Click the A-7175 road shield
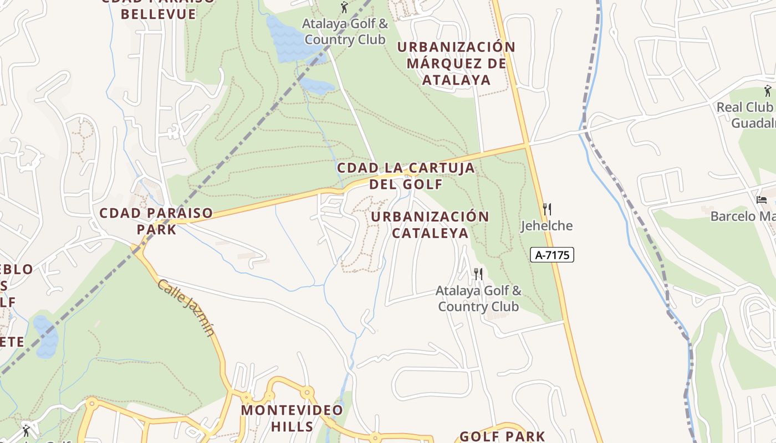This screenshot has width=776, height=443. click(x=552, y=255)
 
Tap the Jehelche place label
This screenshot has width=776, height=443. click(x=547, y=226)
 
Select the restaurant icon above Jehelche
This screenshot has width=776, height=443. click(x=547, y=209)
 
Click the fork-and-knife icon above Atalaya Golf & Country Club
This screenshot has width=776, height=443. click(x=478, y=274)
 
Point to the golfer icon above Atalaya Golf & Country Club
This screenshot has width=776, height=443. click(x=344, y=8)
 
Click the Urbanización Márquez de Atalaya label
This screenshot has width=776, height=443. click(x=456, y=63)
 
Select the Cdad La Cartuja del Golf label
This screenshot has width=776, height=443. click(x=406, y=176)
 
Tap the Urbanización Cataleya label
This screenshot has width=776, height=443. click(x=430, y=224)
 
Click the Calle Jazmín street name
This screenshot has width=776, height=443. click(x=186, y=308)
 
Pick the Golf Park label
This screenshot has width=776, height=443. click(x=502, y=436)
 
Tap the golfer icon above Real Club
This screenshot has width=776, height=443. click(x=768, y=91)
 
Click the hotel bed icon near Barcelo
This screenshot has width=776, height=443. click(x=762, y=199)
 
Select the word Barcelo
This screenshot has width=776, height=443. click(x=733, y=216)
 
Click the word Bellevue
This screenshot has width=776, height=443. click(x=159, y=14)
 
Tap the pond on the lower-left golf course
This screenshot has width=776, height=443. click(x=46, y=336)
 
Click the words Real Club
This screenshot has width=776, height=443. click(x=744, y=107)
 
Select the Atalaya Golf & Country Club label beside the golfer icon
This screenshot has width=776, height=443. click(x=345, y=32)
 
